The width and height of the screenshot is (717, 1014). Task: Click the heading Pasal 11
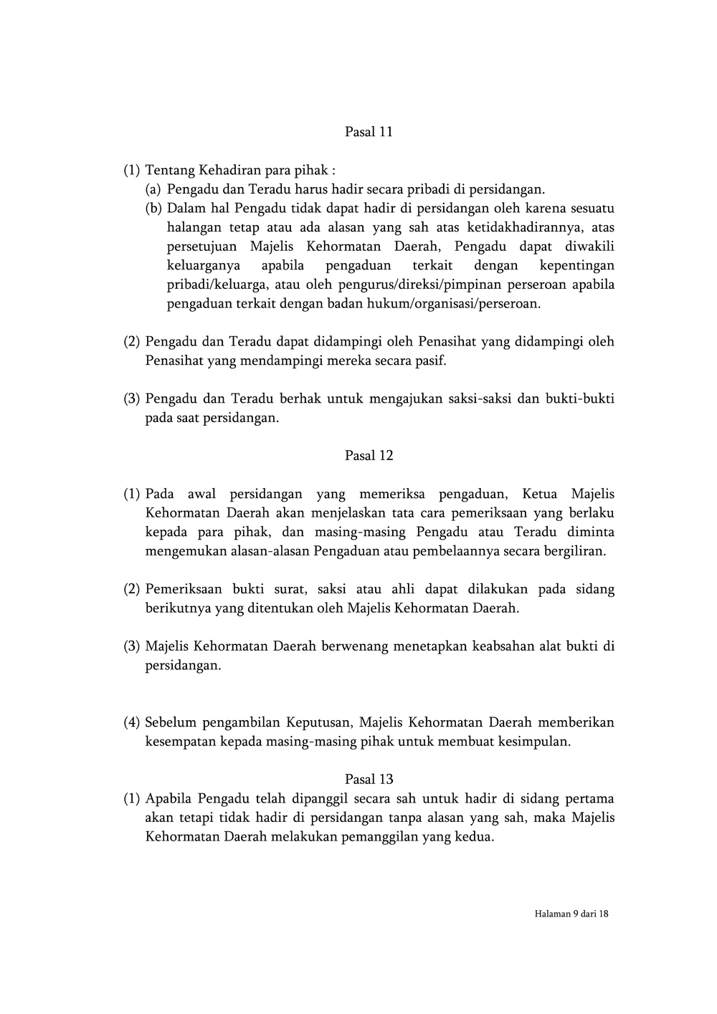(x=369, y=132)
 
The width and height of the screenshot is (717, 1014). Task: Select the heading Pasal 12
(x=369, y=456)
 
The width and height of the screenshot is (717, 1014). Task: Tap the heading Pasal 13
(x=369, y=779)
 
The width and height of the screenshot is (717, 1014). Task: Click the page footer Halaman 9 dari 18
(x=571, y=914)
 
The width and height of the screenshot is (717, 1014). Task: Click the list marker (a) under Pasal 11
(x=153, y=190)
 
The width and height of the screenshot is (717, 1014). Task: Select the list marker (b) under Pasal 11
(x=153, y=209)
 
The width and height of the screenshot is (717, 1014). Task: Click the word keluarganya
(x=203, y=266)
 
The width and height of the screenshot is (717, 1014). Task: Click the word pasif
(x=431, y=360)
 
